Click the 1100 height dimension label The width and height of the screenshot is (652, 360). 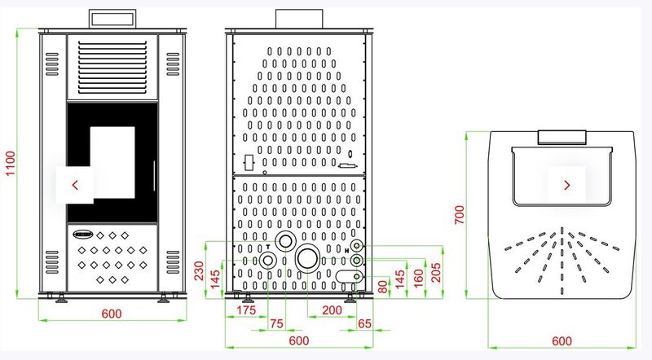[11, 164]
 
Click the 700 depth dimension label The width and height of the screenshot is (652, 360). [459, 215]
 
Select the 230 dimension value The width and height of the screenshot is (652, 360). [199, 270]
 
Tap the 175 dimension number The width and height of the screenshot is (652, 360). [246, 310]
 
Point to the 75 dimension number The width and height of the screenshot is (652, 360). [276, 323]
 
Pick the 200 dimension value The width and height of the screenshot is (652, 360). [332, 310]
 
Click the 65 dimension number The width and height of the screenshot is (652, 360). [364, 323]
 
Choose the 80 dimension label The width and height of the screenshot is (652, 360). [383, 287]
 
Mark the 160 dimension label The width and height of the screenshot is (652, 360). [418, 278]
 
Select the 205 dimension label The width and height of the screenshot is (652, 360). [436, 273]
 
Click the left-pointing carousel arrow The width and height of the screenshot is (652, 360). [75, 185]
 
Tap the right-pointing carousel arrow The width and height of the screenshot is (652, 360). [566, 185]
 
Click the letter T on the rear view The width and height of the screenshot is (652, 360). [268, 247]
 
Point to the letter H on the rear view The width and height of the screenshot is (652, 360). [347, 251]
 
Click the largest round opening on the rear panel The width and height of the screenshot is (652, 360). [308, 257]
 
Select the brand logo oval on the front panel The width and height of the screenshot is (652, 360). [83, 234]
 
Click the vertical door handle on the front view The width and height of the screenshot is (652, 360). [154, 176]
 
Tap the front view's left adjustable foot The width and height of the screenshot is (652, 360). [62, 298]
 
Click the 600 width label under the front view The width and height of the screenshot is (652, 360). [112, 314]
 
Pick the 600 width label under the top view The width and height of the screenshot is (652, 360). [562, 341]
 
